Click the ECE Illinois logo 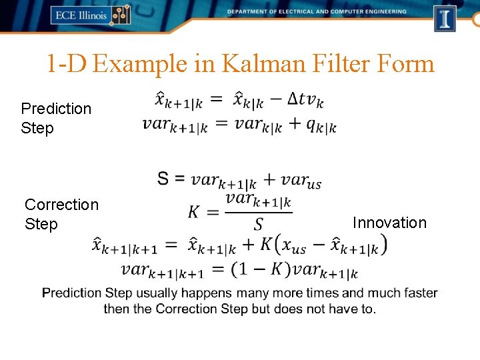[90, 15]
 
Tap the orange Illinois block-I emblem [445, 18]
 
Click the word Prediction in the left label [56, 109]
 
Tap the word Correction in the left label [61, 205]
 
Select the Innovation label [389, 223]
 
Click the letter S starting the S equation [163, 179]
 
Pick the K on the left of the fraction [194, 212]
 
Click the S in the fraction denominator [258, 224]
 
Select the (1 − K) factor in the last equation [261, 269]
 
